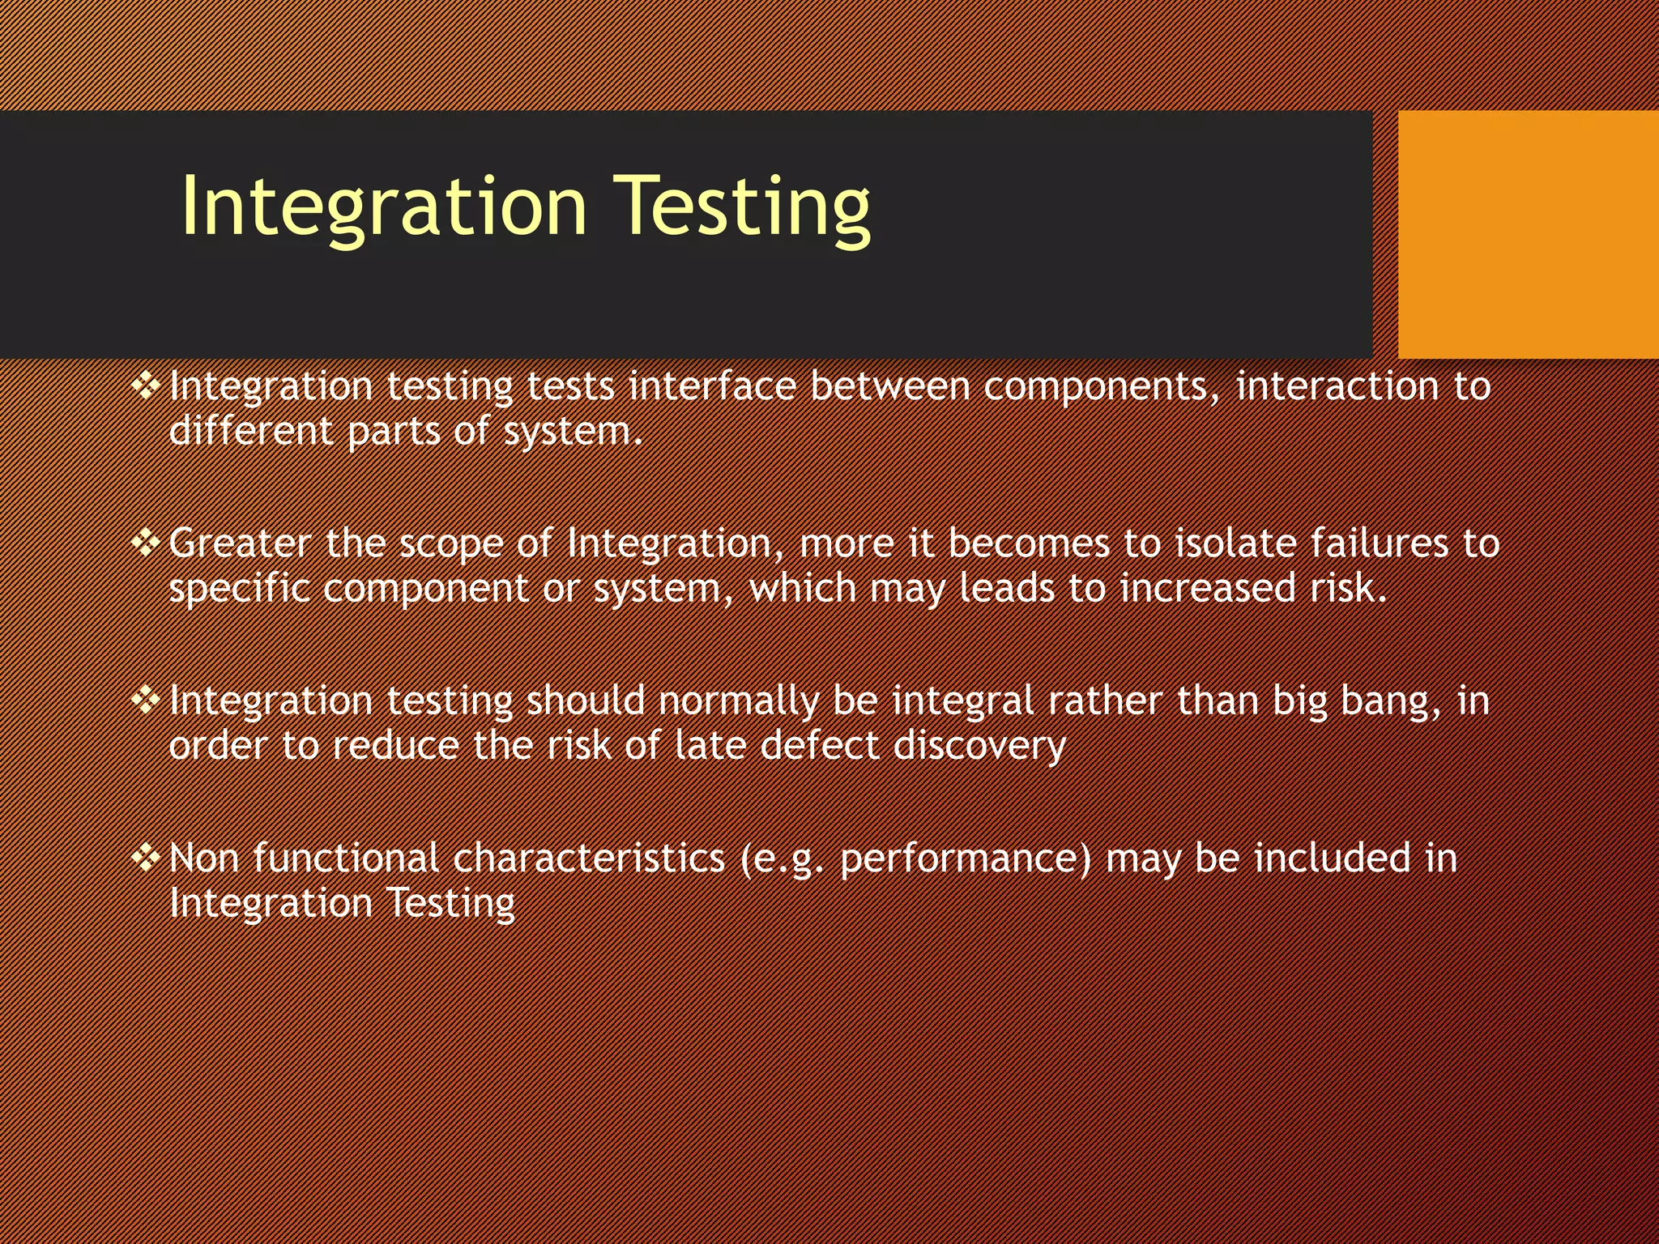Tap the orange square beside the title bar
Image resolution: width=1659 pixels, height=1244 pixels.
point(1528,234)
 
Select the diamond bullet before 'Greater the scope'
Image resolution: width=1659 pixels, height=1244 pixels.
point(146,543)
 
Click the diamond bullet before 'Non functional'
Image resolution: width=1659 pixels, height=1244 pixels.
point(146,857)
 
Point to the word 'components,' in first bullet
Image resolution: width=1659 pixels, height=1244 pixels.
point(1102,386)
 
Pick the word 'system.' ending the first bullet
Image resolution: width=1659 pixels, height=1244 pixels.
point(573,432)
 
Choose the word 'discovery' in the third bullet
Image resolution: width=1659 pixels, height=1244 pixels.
point(979,746)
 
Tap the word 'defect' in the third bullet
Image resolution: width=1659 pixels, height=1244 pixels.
point(819,746)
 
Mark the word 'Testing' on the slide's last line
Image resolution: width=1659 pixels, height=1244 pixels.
point(450,904)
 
